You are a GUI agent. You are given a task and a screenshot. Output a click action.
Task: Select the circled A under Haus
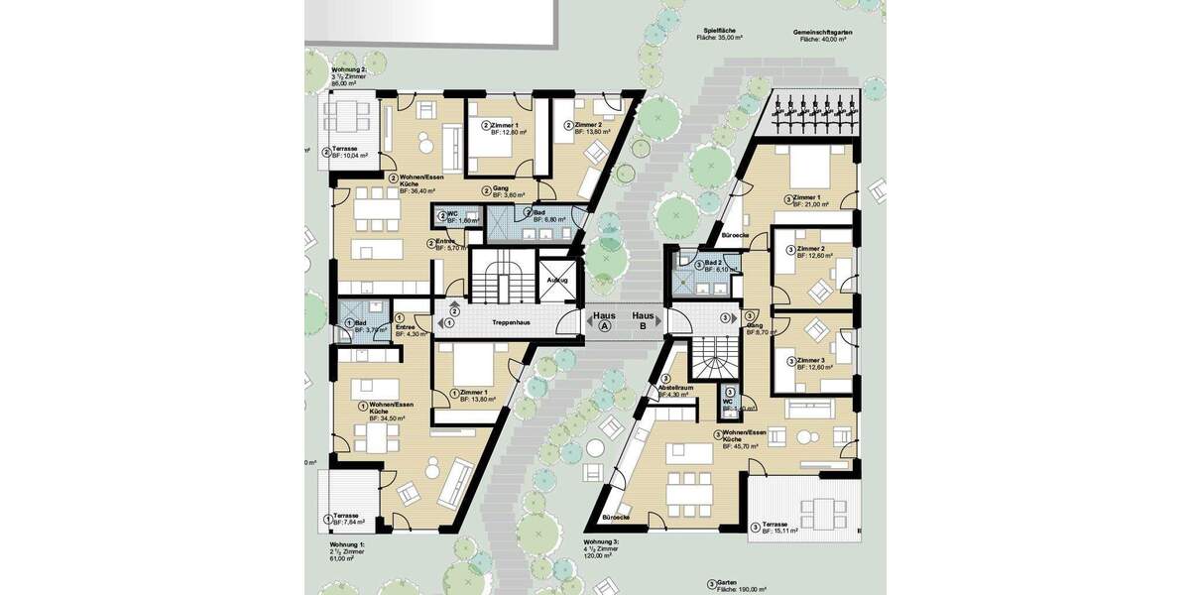[603, 325]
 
